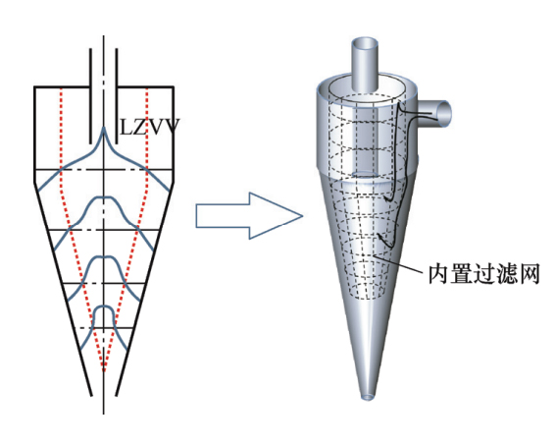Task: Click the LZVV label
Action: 150,128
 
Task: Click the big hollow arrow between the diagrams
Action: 249,215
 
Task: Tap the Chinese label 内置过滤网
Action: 484,274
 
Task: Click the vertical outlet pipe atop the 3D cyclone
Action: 365,65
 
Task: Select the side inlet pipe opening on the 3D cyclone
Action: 443,113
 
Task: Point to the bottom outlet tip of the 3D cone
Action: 368,396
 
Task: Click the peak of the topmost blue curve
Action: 104,128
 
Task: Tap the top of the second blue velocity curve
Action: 104,197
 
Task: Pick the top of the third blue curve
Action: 104,256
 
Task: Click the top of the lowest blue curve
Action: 104,306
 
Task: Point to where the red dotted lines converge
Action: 104,370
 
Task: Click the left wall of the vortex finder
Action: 90,95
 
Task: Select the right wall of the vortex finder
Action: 117,95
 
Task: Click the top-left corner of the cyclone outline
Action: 34,86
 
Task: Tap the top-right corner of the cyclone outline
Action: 173,86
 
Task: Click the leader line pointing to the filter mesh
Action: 398,264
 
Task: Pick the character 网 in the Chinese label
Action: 530,274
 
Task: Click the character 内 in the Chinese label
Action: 438,274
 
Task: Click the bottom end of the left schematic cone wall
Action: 91,395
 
